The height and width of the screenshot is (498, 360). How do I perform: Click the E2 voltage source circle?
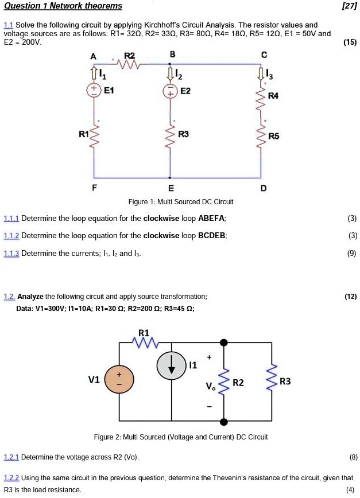click(x=170, y=91)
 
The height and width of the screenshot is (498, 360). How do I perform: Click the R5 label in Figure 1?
click(x=274, y=136)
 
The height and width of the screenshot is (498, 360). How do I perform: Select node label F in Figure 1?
click(x=94, y=188)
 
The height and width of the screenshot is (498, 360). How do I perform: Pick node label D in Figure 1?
click(x=264, y=188)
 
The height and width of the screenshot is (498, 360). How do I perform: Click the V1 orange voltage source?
click(x=119, y=380)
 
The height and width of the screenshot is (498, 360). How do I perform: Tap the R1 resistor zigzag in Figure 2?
click(x=144, y=343)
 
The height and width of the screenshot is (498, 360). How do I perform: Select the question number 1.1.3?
click(x=11, y=253)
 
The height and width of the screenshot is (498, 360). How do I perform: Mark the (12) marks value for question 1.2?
click(x=350, y=297)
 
